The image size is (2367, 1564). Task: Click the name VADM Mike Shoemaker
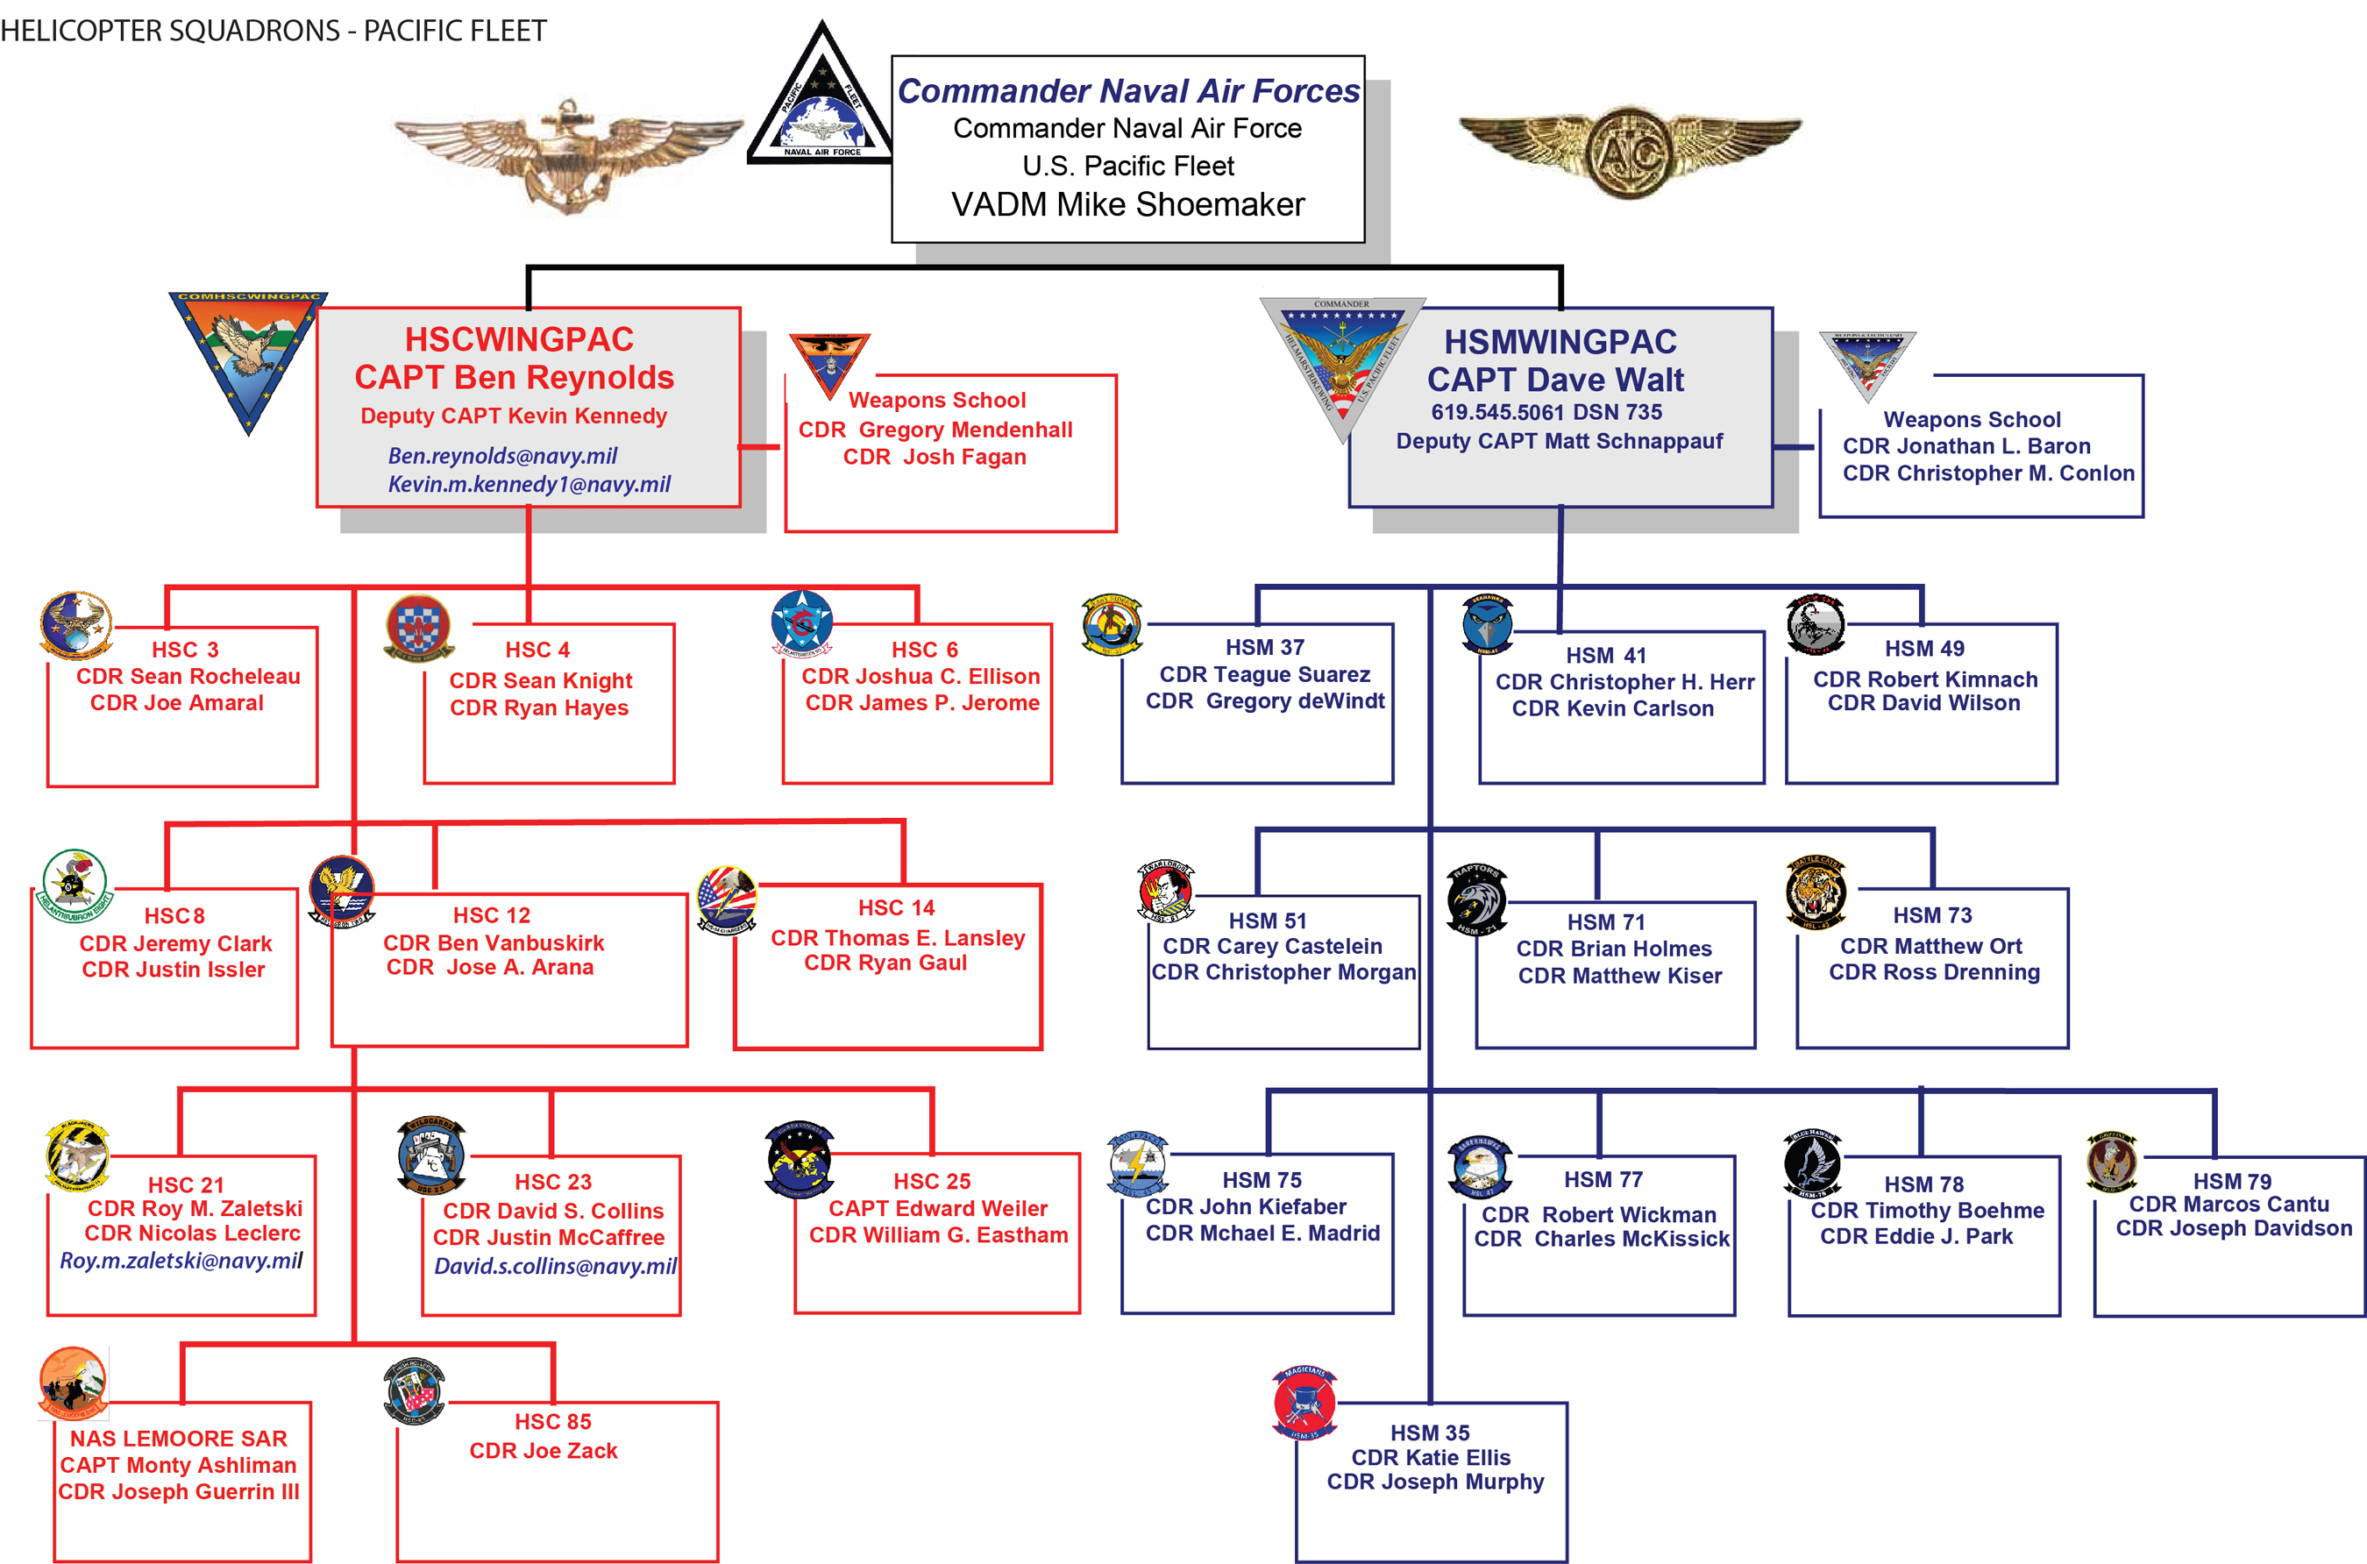point(1127,204)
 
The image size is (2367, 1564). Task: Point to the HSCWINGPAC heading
point(519,339)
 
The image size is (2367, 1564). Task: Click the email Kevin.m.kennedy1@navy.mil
point(529,485)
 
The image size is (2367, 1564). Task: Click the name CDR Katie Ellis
point(1431,1457)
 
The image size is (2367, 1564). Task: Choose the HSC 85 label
point(552,1421)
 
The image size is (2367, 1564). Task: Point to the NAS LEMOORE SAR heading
point(179,1439)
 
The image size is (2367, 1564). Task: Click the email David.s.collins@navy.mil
point(555,1267)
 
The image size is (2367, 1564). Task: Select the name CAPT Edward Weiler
point(938,1208)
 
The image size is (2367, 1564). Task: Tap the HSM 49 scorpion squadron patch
point(1816,624)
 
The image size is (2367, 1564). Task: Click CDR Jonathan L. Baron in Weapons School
point(1966,446)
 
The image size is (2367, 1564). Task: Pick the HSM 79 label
point(2231,1181)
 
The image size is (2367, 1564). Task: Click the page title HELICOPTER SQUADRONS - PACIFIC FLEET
point(274,31)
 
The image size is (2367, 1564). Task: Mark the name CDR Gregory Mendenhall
point(935,430)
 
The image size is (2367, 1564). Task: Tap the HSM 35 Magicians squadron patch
point(1304,1403)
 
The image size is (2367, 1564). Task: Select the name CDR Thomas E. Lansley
point(898,937)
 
